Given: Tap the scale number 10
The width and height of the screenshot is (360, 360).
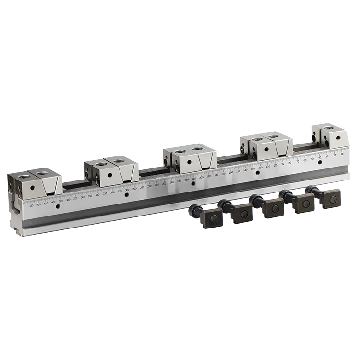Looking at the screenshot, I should coord(341,154).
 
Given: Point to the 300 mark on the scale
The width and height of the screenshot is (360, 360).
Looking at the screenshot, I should coord(127,190).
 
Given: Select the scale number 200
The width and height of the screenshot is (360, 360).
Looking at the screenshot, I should coord(201,178).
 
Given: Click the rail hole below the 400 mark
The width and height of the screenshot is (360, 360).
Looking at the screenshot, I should coord(58,207).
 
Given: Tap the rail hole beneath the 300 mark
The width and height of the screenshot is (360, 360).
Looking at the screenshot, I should coord(127,195).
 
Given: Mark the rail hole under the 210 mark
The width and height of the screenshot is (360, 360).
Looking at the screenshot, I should coord(193,183).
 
